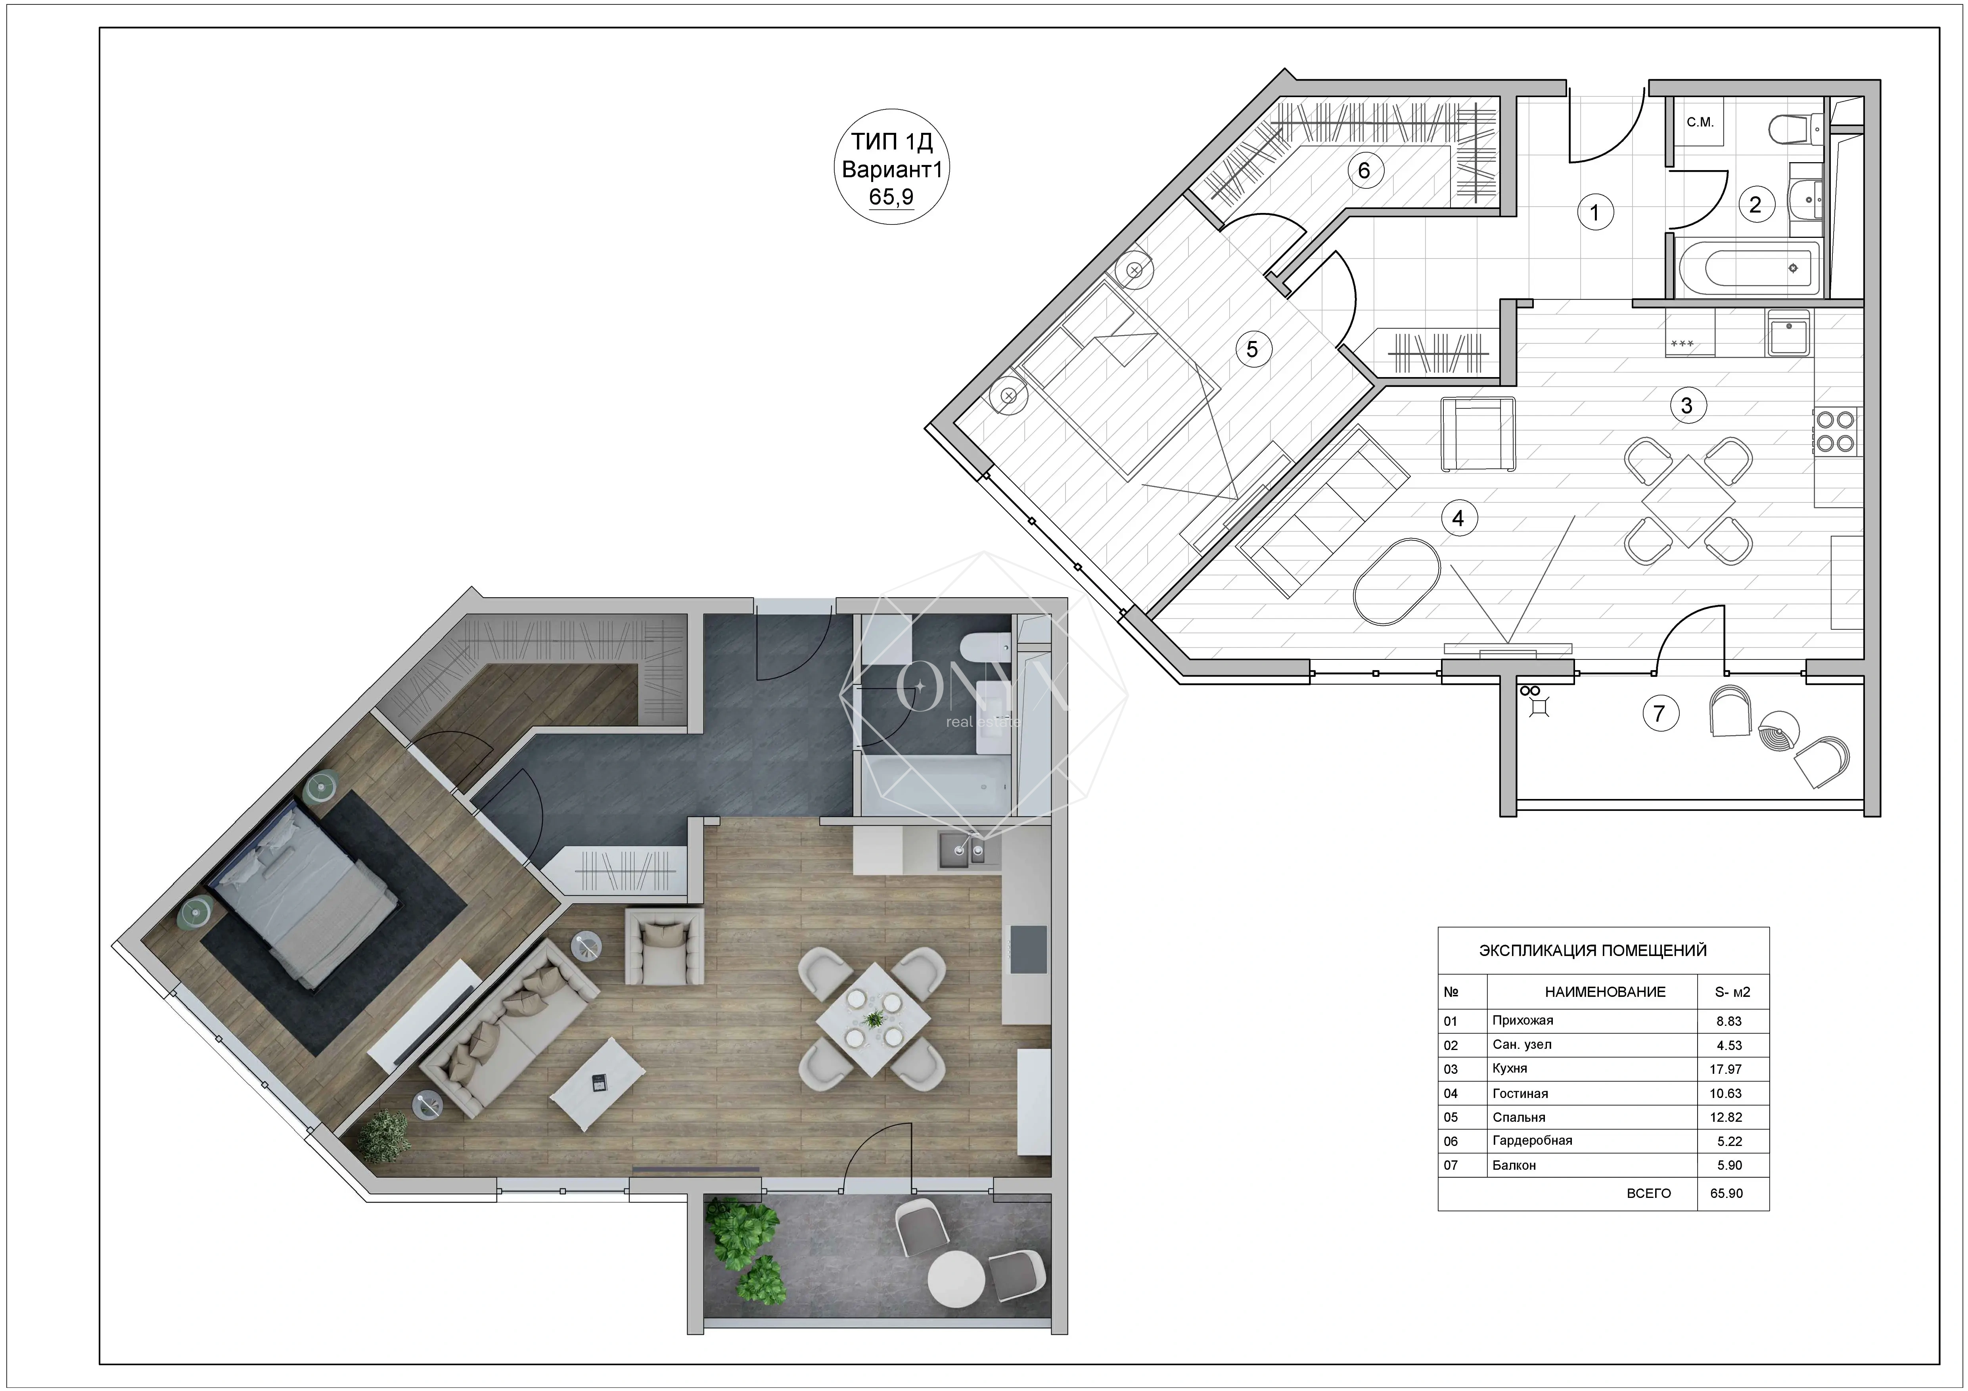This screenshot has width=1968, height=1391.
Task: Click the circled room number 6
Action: [1364, 171]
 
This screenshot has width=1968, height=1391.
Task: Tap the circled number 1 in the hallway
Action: [1595, 212]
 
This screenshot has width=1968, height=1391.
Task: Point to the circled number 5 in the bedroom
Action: [1252, 350]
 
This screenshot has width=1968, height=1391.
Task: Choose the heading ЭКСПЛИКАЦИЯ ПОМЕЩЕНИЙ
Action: [1592, 950]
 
